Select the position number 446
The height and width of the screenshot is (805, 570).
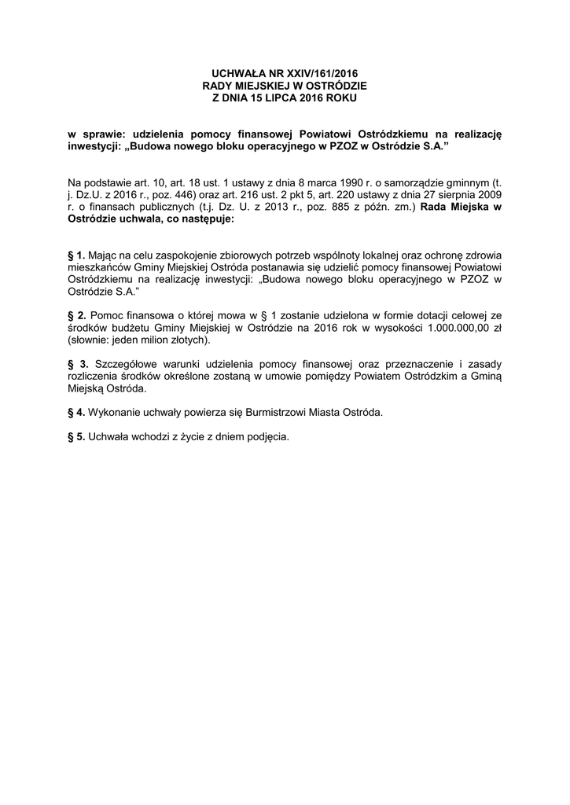click(190, 194)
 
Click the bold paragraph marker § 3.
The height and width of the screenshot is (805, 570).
click(78, 366)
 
